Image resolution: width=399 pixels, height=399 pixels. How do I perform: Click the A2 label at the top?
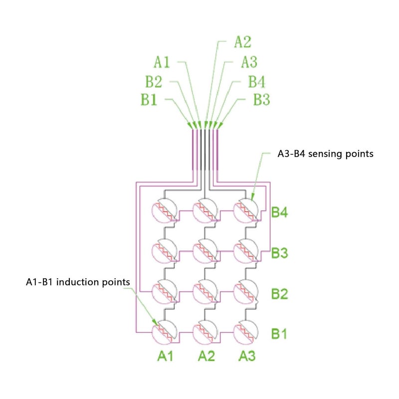click(x=242, y=42)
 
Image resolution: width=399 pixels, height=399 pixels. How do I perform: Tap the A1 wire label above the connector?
click(x=162, y=62)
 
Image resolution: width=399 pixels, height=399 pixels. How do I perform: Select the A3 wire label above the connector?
click(x=249, y=62)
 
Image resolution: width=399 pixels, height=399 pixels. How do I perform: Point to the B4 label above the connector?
click(x=256, y=82)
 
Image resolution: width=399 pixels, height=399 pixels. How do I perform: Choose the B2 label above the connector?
click(x=154, y=82)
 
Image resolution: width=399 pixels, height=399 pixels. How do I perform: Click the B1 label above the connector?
click(x=149, y=99)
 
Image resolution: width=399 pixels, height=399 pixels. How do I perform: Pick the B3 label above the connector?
click(x=261, y=99)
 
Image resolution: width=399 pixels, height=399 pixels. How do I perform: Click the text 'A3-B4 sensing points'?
click(x=325, y=154)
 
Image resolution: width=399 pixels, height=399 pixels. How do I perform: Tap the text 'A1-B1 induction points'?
click(x=78, y=282)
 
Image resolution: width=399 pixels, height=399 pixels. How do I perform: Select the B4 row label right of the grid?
click(x=279, y=212)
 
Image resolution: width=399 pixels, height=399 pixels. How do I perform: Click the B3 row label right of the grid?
click(x=279, y=253)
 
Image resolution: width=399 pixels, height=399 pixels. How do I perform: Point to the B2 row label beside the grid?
click(x=279, y=294)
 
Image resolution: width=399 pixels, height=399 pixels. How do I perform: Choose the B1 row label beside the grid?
click(x=279, y=334)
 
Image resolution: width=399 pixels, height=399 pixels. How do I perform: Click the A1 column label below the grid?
click(x=165, y=356)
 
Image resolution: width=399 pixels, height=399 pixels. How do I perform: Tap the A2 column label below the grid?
click(x=206, y=356)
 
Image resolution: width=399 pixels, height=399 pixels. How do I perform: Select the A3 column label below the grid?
click(x=247, y=356)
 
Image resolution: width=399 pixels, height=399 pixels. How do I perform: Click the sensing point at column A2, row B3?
click(x=205, y=251)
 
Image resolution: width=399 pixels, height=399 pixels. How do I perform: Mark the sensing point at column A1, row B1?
click(x=165, y=332)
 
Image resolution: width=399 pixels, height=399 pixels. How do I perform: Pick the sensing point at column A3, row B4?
click(x=246, y=210)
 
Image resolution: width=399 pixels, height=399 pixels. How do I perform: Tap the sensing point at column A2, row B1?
click(x=205, y=332)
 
